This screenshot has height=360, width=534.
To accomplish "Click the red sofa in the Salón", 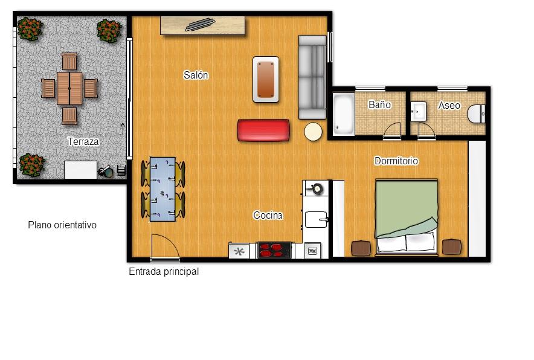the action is (x=263, y=130).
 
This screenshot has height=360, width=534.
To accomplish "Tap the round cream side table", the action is (x=313, y=132).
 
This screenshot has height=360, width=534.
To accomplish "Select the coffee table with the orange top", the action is (x=266, y=79).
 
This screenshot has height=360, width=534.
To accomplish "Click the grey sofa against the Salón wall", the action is (x=312, y=77).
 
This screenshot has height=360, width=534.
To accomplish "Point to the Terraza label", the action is (x=83, y=142).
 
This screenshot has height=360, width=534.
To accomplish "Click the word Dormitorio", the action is (x=396, y=161).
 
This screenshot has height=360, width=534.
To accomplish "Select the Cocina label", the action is (x=268, y=215).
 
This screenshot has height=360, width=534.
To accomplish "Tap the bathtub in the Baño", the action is (x=343, y=114).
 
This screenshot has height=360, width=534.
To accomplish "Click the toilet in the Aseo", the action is (x=476, y=114).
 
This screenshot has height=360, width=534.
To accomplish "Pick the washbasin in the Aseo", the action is (x=418, y=111).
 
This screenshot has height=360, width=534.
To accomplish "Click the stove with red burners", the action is (x=274, y=250).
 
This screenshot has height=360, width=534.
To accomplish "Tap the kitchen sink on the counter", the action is (x=316, y=219).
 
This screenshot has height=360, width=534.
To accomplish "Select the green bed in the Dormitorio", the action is (x=406, y=217).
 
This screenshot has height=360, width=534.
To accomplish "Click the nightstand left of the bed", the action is (x=361, y=248).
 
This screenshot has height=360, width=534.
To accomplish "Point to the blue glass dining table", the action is (x=162, y=189).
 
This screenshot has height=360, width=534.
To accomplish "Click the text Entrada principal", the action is (x=164, y=271).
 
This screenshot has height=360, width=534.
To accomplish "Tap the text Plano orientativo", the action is (x=62, y=225).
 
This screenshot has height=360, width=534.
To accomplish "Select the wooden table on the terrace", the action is (x=69, y=89).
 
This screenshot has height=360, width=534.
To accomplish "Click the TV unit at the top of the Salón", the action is (x=202, y=25).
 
